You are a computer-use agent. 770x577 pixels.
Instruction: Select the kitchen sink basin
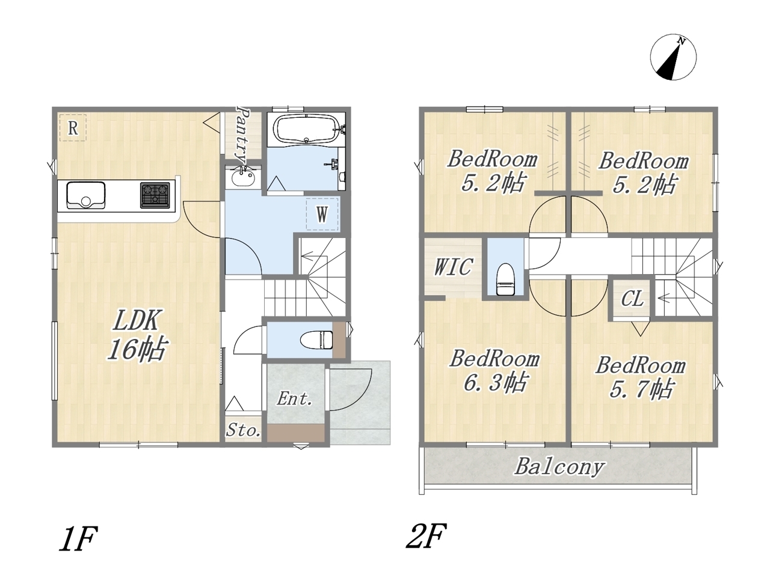(x=86, y=195)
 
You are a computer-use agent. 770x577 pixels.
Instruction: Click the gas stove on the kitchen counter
(x=155, y=195)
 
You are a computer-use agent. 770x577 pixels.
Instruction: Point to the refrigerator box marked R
(x=73, y=128)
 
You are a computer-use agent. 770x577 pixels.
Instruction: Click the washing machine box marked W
(x=322, y=214)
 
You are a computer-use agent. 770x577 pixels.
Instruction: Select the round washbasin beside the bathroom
(x=243, y=179)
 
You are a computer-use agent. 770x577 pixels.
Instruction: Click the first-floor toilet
(x=316, y=340)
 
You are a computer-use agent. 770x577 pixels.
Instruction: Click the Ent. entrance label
(x=295, y=398)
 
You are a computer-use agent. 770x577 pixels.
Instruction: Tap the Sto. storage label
(x=243, y=430)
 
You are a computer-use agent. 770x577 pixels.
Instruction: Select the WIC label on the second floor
(x=454, y=267)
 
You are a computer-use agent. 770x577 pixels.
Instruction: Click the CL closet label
(x=632, y=299)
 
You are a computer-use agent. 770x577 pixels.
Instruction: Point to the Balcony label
(x=559, y=467)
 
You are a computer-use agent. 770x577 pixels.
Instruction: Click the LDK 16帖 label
(x=137, y=335)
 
